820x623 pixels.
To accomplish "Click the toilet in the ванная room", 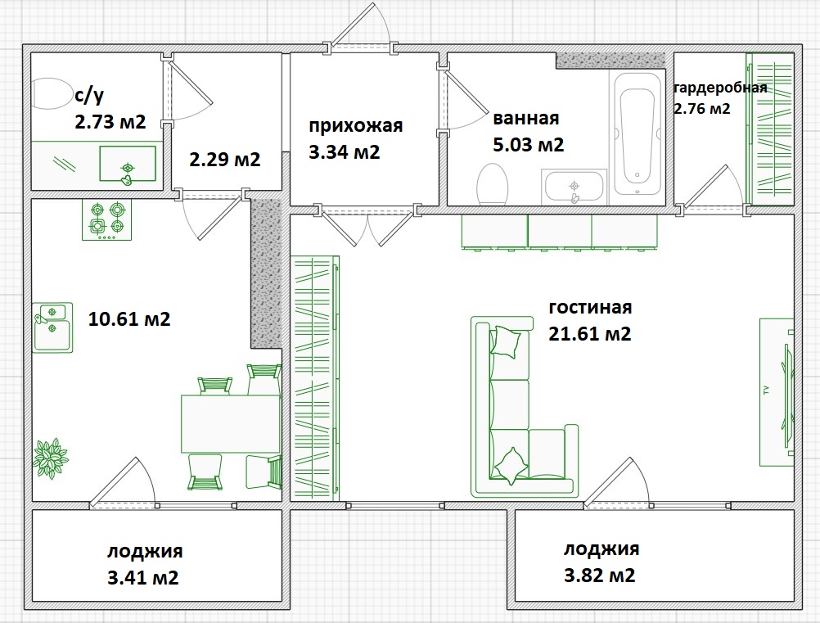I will click(x=493, y=184).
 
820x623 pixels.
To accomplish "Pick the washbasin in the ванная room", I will click(x=574, y=187).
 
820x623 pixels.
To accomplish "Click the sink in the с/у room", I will click(x=128, y=164).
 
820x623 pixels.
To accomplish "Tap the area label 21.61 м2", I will click(x=589, y=333).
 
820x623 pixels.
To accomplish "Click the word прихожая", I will click(x=356, y=125).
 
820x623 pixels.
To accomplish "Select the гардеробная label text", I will click(x=720, y=88).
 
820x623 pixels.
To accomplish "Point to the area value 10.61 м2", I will click(x=129, y=318).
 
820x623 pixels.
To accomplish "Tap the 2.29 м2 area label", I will click(x=224, y=159).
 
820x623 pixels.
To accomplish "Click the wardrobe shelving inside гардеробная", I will click(x=770, y=129).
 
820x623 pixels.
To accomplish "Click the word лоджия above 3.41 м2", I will click(x=145, y=550).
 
